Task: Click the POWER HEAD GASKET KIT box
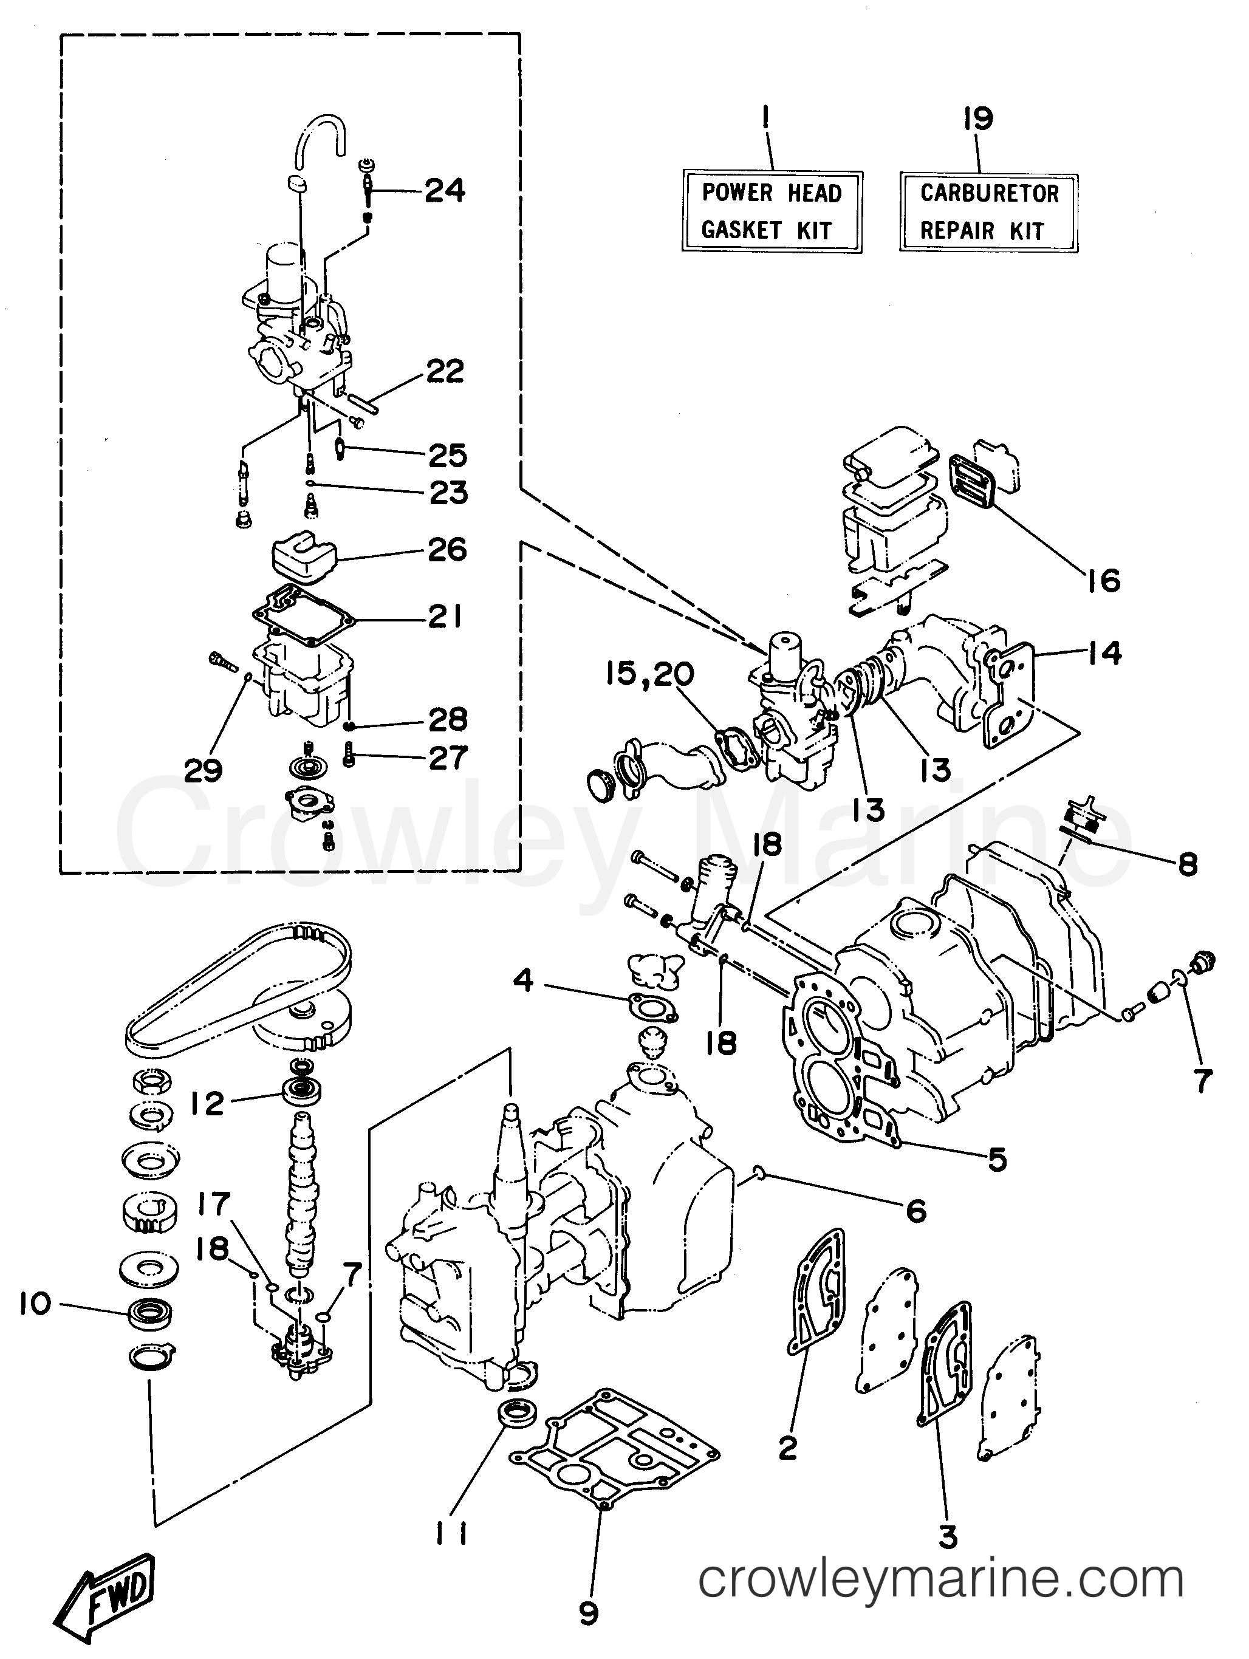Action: pos(771,211)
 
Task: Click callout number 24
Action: pos(445,191)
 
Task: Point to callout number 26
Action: pos(447,550)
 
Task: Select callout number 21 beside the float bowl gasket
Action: pos(445,617)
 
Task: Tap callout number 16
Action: pos(1103,581)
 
